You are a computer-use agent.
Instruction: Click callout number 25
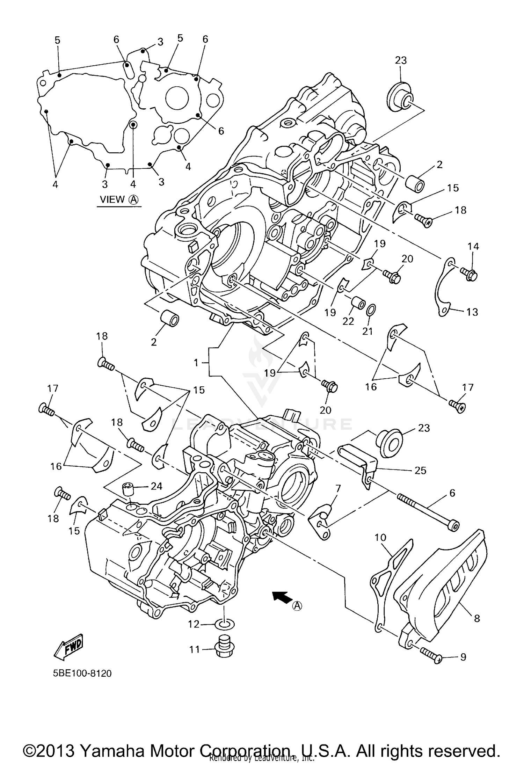pyautogui.click(x=420, y=470)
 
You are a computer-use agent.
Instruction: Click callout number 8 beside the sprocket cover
pyautogui.click(x=477, y=618)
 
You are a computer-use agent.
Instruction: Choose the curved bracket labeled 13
pyautogui.click(x=443, y=288)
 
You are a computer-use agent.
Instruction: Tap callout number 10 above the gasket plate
pyautogui.click(x=380, y=537)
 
